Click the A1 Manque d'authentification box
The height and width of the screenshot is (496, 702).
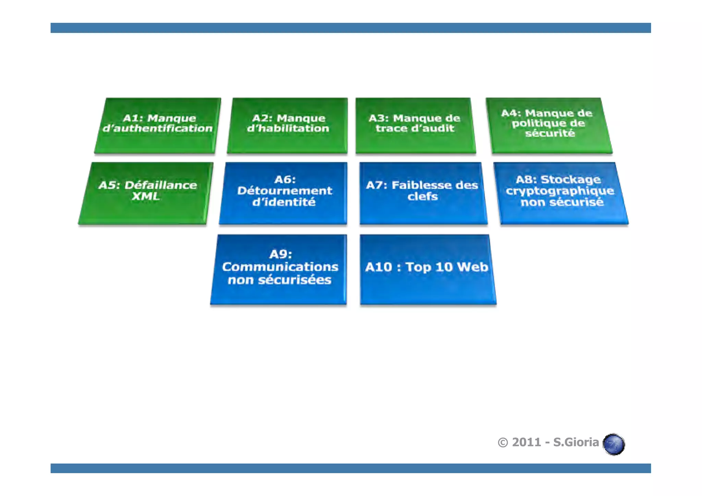pos(158,125)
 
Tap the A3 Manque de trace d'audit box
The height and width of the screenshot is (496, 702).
pos(415,125)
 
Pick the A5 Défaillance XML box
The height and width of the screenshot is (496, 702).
pos(146,193)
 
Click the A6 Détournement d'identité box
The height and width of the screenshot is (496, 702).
pos(284,193)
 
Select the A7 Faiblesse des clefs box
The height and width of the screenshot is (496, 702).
pos(423,193)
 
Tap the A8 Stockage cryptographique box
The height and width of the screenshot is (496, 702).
pos(561,193)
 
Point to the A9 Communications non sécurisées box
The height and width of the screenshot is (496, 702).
pos(279,269)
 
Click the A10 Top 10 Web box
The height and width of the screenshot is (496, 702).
pos(427,269)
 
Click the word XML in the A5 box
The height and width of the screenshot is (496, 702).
pos(146,196)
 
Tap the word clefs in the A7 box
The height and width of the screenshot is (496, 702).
pos(423,196)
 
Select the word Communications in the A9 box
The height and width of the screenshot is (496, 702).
pos(280,267)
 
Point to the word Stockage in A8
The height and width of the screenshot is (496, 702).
pos(571,179)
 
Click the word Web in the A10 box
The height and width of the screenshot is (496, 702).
pos(472,267)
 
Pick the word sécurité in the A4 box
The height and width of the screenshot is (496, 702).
pos(550,133)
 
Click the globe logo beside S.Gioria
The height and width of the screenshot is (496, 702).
pos(614,444)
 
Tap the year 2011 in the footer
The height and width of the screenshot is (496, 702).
pos(526,442)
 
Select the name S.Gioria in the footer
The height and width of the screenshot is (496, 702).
pos(576,442)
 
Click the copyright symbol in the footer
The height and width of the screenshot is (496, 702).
pos(503,443)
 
